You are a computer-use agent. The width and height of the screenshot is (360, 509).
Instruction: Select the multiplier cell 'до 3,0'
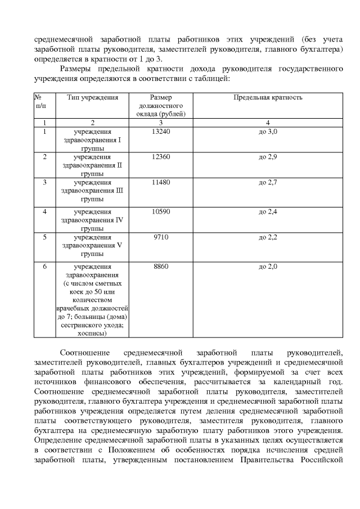[268, 131]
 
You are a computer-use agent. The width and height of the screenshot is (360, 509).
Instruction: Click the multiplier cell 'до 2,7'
[268, 182]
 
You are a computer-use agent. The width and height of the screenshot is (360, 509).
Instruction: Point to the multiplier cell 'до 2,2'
[268, 237]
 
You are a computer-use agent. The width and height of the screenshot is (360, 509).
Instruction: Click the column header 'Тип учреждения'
[92, 97]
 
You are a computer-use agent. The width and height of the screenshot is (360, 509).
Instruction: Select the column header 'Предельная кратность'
[268, 97]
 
